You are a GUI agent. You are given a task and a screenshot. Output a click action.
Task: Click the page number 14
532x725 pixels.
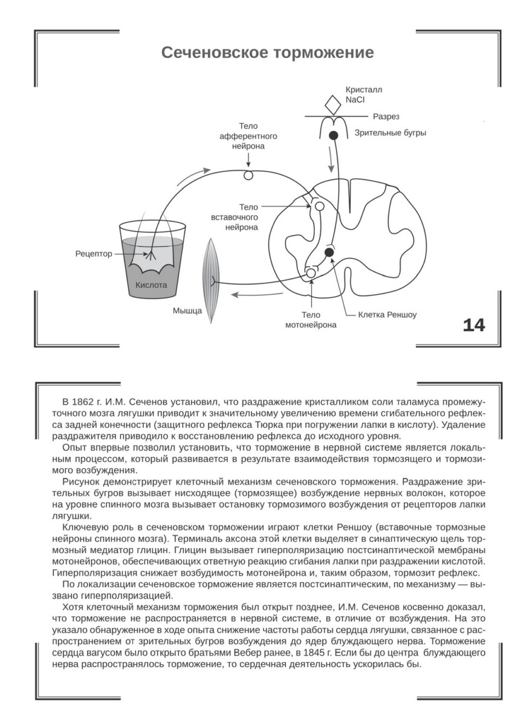(x=473, y=325)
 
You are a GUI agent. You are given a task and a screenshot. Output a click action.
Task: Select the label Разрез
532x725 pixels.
(x=386, y=116)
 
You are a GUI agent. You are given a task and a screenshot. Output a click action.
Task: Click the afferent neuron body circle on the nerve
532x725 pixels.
(x=248, y=176)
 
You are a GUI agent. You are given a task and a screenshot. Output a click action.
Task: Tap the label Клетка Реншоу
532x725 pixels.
(x=388, y=315)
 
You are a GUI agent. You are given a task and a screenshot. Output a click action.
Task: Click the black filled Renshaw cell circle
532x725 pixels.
(x=329, y=251)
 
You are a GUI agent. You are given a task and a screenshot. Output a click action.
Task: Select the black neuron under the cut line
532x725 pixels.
(x=332, y=135)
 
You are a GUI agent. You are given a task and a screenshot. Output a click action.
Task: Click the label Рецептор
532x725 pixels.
(x=94, y=254)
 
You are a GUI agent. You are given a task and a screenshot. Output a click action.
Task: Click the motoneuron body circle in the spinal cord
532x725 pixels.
(x=311, y=274)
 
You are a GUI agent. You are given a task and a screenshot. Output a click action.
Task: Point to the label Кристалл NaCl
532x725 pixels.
(x=363, y=95)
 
